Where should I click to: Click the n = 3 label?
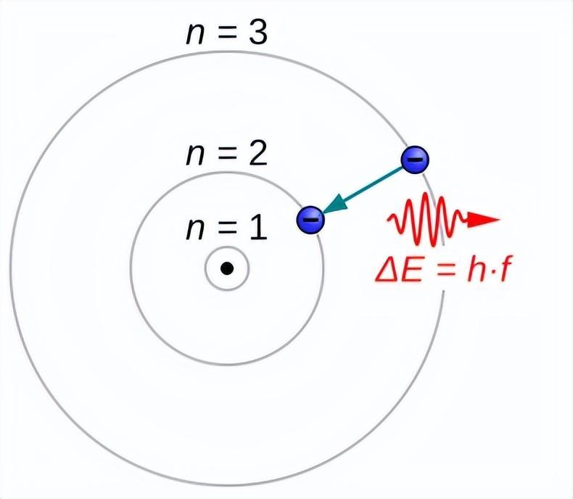[227, 33]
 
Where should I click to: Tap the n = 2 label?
[227, 154]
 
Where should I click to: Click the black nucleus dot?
[227, 268]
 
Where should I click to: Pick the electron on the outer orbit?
[415, 160]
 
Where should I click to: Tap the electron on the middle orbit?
[310, 220]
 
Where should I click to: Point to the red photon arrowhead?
[483, 220]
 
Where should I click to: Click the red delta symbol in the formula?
[387, 271]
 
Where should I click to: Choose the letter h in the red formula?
[475, 270]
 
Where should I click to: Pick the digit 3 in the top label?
[258, 33]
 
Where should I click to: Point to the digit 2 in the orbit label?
[258, 154]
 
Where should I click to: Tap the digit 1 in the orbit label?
[258, 229]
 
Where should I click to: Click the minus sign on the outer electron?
[415, 159]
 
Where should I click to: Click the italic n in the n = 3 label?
[195, 36]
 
